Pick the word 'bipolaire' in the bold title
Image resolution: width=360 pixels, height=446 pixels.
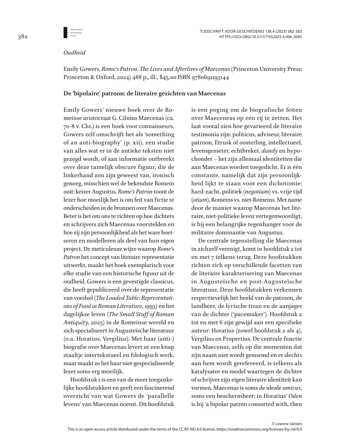pyautogui.click(x=87, y=94)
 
